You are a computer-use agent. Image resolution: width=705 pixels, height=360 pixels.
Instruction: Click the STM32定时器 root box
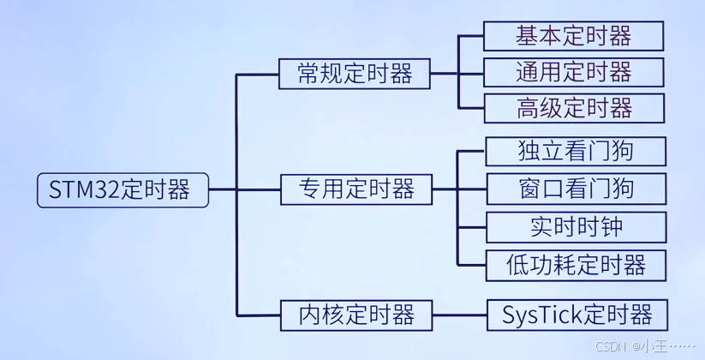123,190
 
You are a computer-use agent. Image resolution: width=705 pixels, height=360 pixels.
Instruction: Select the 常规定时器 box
355,74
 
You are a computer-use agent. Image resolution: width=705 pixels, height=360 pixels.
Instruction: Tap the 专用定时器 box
355,189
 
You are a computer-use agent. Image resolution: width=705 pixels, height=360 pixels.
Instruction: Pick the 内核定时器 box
355,315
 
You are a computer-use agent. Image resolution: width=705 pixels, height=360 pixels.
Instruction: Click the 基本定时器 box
574,36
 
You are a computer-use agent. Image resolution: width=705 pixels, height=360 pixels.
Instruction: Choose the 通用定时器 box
574,72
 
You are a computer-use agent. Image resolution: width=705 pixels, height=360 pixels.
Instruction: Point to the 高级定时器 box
574,108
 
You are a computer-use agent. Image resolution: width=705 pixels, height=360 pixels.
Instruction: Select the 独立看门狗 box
576,152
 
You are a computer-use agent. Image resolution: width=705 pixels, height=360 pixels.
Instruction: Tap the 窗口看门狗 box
576,189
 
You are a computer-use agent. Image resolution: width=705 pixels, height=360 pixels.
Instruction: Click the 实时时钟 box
576,226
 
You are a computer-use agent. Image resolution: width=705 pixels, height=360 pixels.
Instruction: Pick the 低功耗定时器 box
576,264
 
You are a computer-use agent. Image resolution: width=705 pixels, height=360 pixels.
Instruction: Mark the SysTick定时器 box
577,315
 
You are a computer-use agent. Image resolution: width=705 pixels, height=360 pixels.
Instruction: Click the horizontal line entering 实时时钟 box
472,227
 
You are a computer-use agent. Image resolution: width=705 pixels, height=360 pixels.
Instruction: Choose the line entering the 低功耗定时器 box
472,264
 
